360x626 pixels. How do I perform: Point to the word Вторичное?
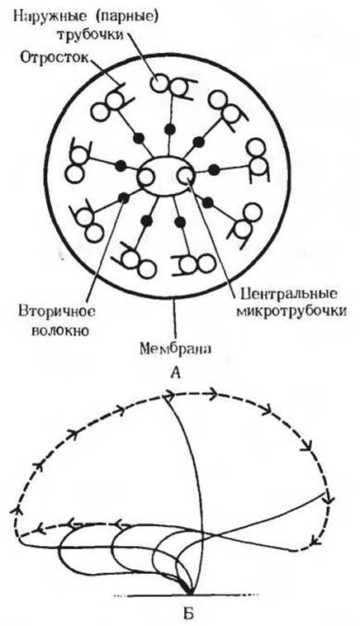point(57,311)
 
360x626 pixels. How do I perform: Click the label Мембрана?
point(175,349)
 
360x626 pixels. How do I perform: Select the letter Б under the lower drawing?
point(187,612)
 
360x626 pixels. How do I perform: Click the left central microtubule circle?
point(145,178)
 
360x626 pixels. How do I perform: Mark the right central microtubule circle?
point(185,175)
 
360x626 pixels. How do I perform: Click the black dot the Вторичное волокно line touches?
point(124,197)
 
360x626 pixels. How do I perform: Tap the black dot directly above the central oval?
point(170,129)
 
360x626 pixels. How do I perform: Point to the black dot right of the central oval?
point(214,169)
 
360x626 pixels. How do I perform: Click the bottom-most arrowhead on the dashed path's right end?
point(316,541)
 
